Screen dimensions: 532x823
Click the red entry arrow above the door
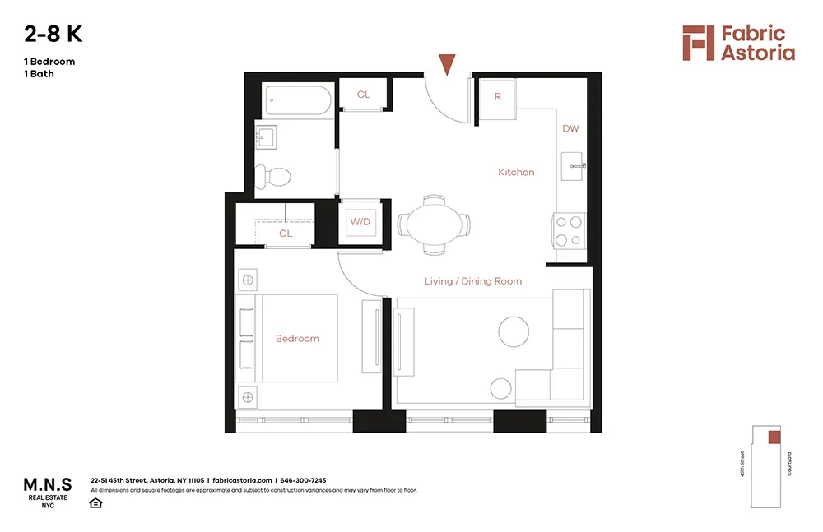[x=447, y=64]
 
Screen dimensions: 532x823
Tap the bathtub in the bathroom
[x=299, y=102]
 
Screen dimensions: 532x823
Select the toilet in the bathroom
[x=274, y=176]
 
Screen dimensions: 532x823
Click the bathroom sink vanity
[x=267, y=136]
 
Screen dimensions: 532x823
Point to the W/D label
[x=360, y=222]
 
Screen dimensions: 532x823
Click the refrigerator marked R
[x=497, y=97]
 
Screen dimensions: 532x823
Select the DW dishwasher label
[x=571, y=129]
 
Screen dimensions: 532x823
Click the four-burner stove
[x=568, y=230]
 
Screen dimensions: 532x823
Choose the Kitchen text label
[x=516, y=172]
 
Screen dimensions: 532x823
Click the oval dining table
[x=434, y=224]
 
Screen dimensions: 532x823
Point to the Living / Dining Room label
[x=473, y=281]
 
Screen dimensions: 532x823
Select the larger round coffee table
[x=514, y=331]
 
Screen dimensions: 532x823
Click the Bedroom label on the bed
[x=297, y=339]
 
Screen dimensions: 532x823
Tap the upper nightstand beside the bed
[x=246, y=280]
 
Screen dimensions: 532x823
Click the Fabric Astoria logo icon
[x=698, y=43]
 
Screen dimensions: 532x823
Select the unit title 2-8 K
[x=53, y=35]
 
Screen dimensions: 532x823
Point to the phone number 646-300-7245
[x=303, y=480]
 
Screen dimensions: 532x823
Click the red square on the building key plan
[x=774, y=437]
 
